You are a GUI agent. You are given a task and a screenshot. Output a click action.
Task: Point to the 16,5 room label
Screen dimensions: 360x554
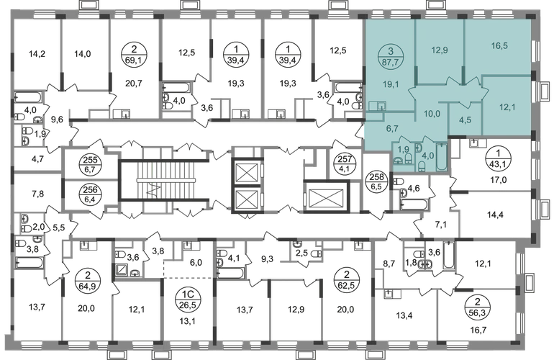pos(499,45)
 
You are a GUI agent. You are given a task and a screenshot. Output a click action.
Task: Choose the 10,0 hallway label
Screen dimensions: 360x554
pos(431,114)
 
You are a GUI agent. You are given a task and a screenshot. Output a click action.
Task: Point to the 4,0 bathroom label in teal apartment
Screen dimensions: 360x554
pos(427,154)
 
